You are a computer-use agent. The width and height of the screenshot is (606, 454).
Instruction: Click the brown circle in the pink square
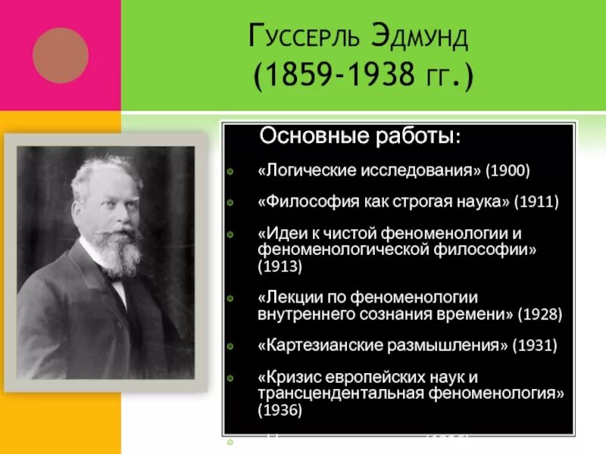tap(61, 54)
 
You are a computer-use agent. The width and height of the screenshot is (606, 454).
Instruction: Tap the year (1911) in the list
tap(536, 202)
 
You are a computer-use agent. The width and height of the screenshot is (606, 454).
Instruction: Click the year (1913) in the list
tap(280, 266)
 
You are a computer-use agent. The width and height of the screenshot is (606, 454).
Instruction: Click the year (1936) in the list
tap(280, 409)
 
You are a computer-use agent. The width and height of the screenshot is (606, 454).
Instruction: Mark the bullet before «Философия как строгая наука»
tap(230, 203)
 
